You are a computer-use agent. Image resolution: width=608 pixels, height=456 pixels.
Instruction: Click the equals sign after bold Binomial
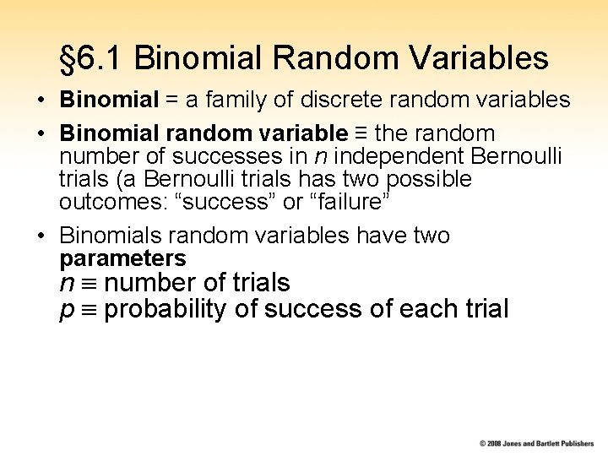click(x=171, y=100)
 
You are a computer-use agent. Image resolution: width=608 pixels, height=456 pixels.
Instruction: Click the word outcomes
click(x=100, y=203)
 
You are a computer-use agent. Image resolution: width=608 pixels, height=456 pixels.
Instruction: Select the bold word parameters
click(x=122, y=258)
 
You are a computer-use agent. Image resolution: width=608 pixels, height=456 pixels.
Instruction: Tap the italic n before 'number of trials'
click(x=66, y=283)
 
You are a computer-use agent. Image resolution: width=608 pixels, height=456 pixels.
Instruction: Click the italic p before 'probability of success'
click(x=67, y=310)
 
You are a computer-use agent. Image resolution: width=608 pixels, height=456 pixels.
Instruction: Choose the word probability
click(x=166, y=310)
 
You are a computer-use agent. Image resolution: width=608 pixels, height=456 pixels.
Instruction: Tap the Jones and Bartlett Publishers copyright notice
click(x=536, y=443)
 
